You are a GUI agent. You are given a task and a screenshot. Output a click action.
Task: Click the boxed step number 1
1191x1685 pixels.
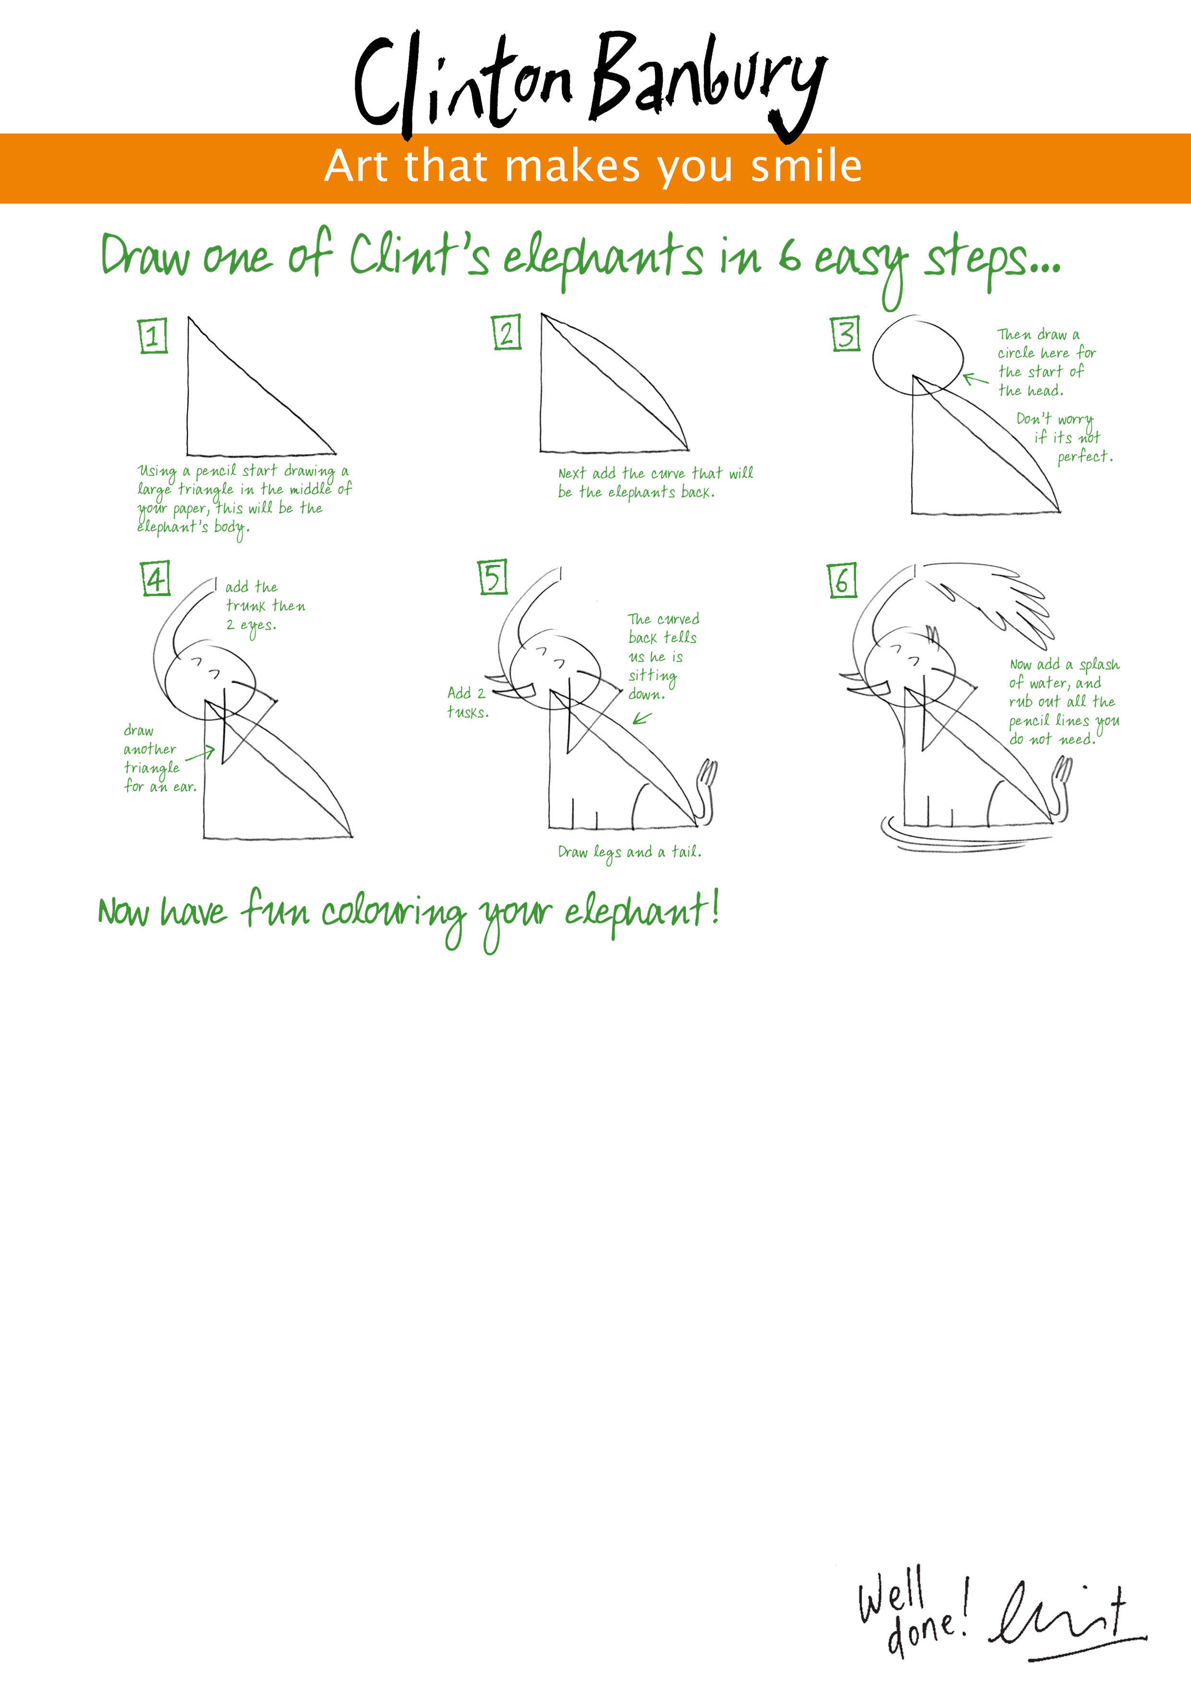point(153,336)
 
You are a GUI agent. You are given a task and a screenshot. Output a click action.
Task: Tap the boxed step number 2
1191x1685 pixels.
point(506,332)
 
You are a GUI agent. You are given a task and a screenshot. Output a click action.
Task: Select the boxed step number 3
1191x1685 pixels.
point(846,334)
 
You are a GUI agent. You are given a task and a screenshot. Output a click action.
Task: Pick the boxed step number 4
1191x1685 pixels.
point(156,578)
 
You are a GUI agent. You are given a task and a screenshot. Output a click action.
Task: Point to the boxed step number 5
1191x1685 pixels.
point(493,577)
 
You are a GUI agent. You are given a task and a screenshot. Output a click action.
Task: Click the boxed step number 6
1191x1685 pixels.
point(842,581)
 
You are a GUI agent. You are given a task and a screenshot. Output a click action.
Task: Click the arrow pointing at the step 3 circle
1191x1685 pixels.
point(976,379)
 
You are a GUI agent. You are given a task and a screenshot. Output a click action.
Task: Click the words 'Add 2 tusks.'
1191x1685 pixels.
point(467,702)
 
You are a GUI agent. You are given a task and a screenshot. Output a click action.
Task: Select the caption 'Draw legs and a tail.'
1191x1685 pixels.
point(630,852)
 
